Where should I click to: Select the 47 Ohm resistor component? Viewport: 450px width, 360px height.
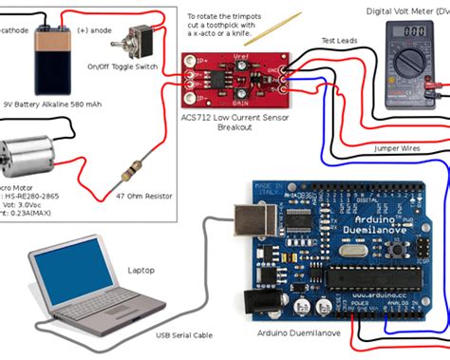(x=132, y=173)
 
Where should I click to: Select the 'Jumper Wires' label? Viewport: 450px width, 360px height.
(x=396, y=148)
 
